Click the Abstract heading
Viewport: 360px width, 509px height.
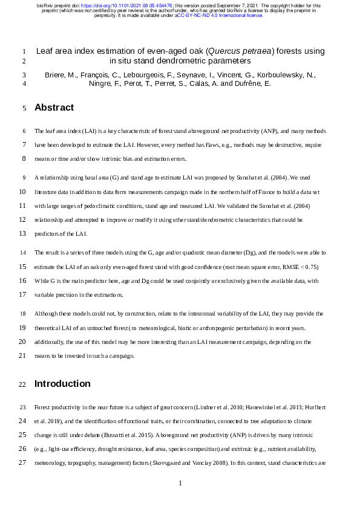point(54,108)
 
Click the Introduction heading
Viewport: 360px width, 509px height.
point(62,384)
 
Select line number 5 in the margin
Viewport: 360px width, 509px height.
point(22,108)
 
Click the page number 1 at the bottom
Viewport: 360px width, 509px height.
point(180,483)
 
